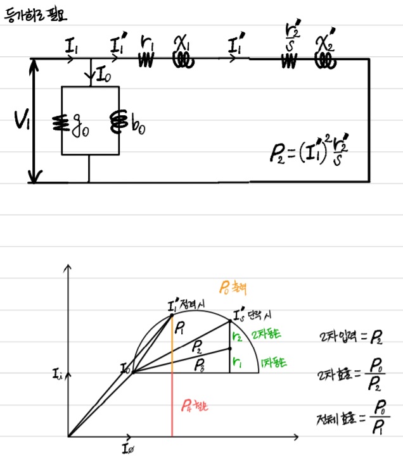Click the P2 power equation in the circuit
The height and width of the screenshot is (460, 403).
tap(312, 153)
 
